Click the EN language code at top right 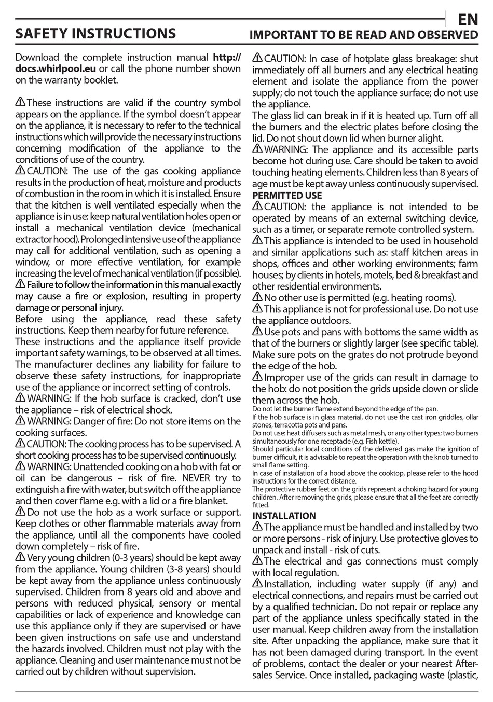click(x=468, y=20)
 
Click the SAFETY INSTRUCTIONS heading click(x=95, y=34)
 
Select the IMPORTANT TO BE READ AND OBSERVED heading click(x=364, y=35)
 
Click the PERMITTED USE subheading click(x=287, y=196)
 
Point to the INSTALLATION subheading click(x=284, y=516)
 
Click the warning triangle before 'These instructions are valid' click(x=20, y=102)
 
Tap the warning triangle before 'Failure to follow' click(x=20, y=284)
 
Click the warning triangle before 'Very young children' click(x=20, y=557)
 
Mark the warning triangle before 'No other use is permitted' click(x=257, y=297)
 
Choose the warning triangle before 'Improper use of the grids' click(x=257, y=377)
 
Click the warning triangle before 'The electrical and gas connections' click(x=257, y=561)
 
